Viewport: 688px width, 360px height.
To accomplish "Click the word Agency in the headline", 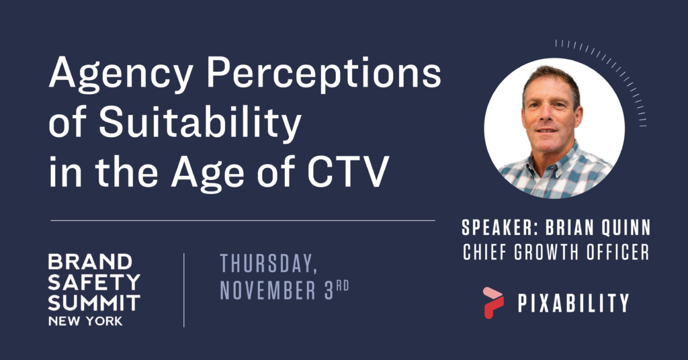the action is tap(121, 75).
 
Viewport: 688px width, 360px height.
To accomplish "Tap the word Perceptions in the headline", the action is tap(324, 75).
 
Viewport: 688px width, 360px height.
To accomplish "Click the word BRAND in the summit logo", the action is tap(90, 262).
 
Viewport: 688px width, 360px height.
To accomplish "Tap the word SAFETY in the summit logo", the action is tap(94, 282).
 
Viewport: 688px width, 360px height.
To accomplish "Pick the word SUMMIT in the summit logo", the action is tap(94, 303).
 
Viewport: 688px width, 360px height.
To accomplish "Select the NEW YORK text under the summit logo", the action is tap(85, 321).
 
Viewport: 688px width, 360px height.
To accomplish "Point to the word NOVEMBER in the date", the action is tap(267, 291).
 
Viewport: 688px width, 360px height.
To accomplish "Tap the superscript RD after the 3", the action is tap(343, 286).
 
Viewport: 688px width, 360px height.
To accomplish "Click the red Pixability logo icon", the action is tap(493, 302).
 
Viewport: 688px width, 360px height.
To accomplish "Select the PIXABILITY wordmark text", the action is tap(574, 303).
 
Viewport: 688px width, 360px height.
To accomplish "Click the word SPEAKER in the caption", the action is tap(498, 228).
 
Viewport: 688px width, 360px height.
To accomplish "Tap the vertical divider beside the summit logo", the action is tap(184, 290).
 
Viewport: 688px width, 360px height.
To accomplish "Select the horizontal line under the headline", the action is tap(243, 220).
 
